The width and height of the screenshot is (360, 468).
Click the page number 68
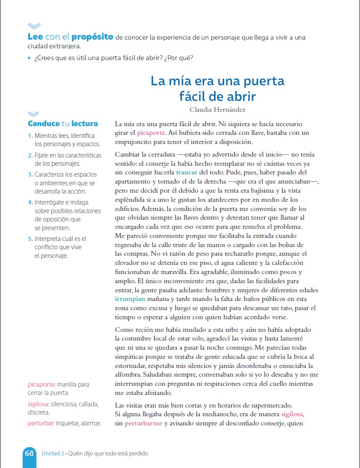click(29, 453)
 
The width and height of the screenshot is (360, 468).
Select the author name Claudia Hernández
click(217, 110)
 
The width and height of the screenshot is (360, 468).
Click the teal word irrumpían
click(130, 299)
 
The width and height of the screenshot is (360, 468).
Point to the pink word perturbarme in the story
click(143, 423)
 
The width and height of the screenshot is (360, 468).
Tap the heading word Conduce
click(43, 124)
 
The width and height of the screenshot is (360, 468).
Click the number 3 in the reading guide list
click(30, 174)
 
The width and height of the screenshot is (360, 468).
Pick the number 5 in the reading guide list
click(30, 239)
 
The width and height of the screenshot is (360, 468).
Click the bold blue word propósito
click(92, 37)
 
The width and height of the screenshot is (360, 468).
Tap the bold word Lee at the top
click(35, 37)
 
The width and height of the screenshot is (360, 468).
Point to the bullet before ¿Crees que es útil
click(29, 58)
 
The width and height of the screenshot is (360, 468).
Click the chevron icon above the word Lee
click(34, 26)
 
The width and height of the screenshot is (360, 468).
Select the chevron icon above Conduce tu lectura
click(34, 114)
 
